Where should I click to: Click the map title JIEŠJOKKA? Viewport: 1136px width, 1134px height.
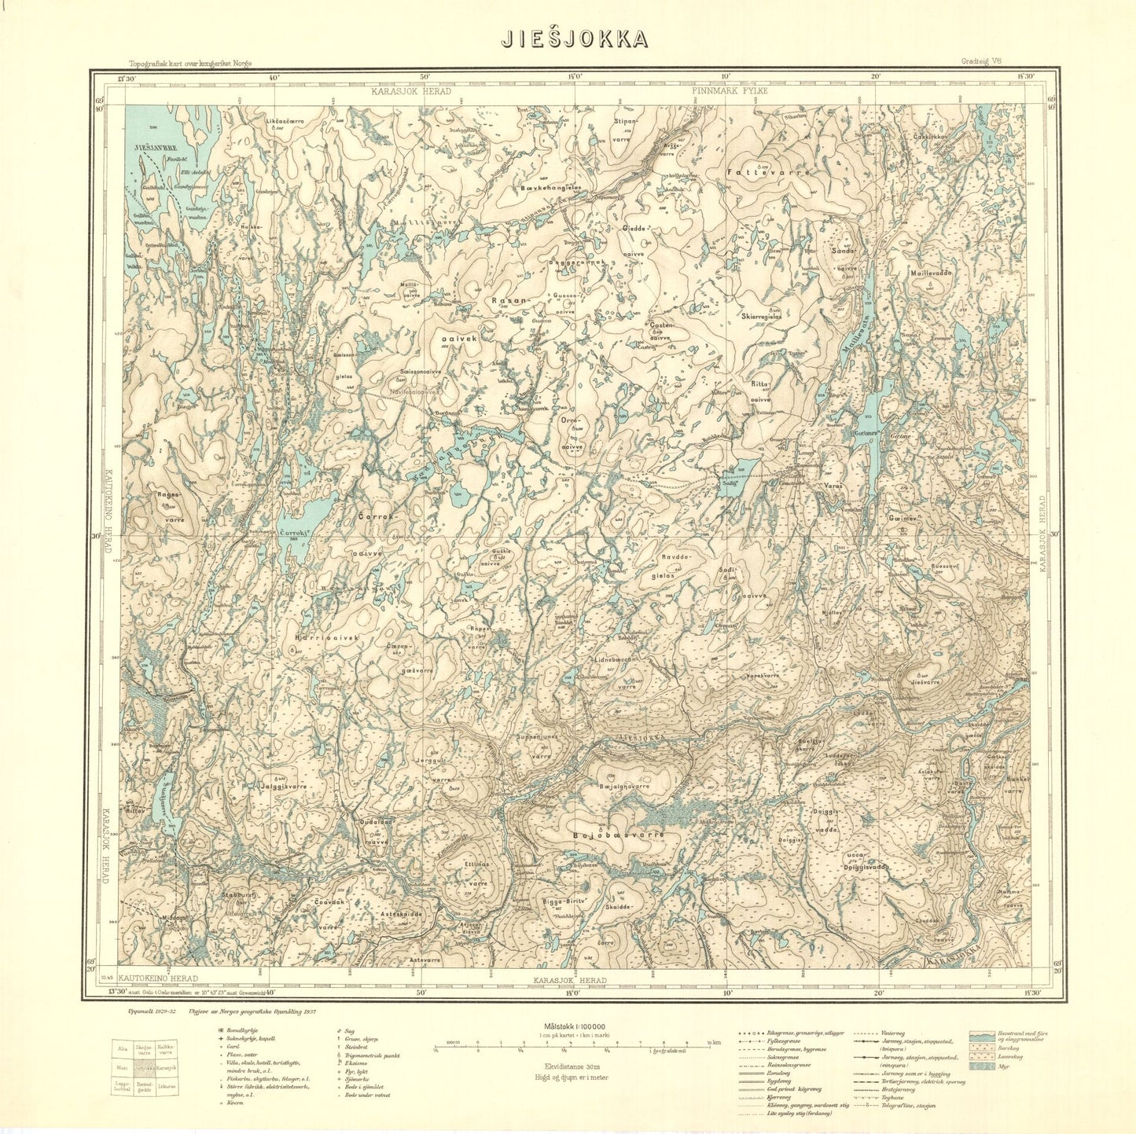[x=575, y=39]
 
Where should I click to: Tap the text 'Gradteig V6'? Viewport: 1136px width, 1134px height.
[x=979, y=62]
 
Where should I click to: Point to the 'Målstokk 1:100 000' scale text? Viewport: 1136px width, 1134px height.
[x=574, y=1026]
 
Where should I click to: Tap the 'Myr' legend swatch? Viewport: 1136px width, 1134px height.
[x=981, y=1066]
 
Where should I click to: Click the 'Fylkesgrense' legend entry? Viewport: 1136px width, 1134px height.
[x=786, y=1042]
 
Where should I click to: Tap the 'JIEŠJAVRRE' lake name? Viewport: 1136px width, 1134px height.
[x=156, y=147]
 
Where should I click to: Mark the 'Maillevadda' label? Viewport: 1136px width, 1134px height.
[x=931, y=273]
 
